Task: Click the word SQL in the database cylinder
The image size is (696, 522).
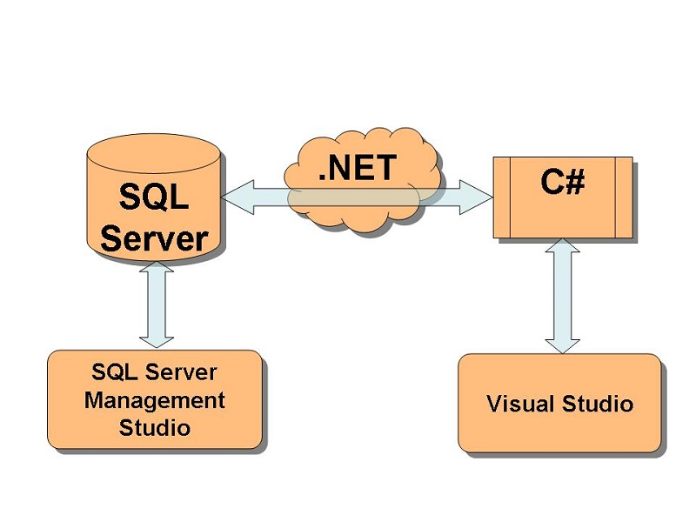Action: click(153, 197)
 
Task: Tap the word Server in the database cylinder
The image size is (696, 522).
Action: click(154, 238)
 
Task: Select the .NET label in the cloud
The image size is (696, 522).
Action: click(357, 168)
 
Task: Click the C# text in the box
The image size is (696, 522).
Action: click(562, 183)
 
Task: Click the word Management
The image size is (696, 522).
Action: click(155, 400)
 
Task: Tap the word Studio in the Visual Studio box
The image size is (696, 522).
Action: click(599, 404)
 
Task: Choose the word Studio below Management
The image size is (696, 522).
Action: click(155, 427)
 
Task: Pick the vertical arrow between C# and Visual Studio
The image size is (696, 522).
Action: click(563, 296)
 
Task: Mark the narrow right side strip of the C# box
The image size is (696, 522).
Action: click(624, 197)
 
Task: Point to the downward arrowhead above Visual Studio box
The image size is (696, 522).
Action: click(563, 343)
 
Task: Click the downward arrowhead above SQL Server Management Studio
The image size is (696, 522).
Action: click(157, 339)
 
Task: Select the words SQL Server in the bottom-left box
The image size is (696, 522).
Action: click(155, 372)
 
